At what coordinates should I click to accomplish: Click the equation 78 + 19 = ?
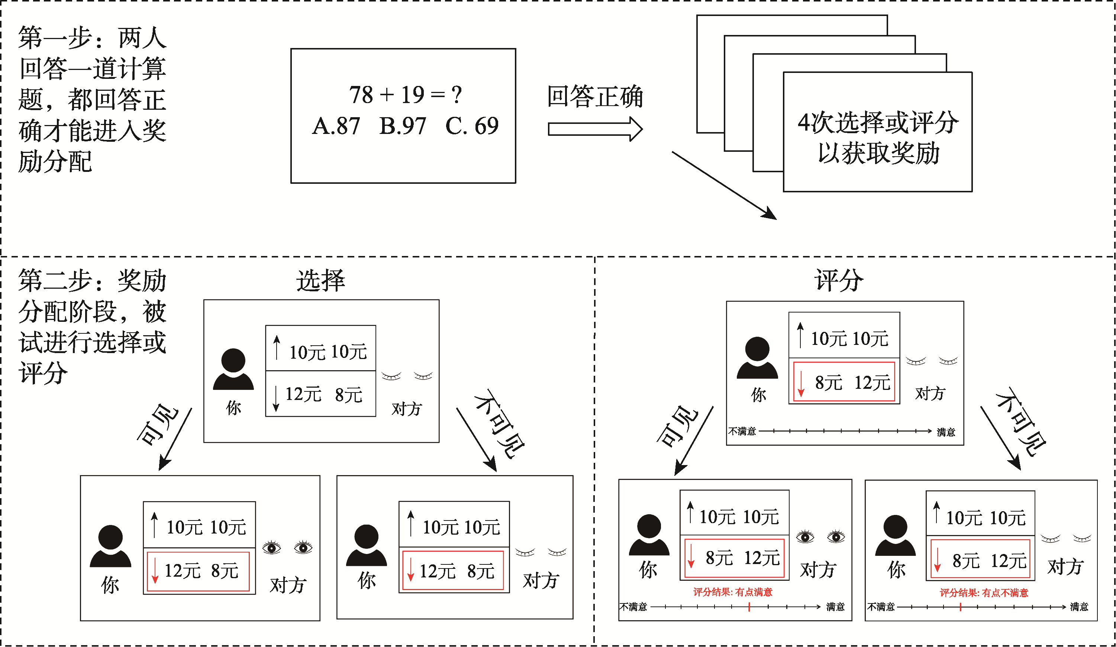click(x=405, y=95)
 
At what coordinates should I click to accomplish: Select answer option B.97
click(x=403, y=126)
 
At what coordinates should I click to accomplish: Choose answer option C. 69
click(x=472, y=126)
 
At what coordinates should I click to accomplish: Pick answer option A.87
click(x=336, y=126)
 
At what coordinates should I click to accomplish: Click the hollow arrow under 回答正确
click(x=595, y=129)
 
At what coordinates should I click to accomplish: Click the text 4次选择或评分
click(x=878, y=123)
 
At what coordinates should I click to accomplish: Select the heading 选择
click(x=320, y=281)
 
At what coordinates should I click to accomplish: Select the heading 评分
click(x=839, y=281)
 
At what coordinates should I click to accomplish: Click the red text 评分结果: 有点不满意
click(x=984, y=593)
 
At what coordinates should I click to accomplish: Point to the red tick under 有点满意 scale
click(x=749, y=607)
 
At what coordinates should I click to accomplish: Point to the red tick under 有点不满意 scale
click(x=960, y=607)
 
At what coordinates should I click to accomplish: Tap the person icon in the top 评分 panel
click(x=757, y=358)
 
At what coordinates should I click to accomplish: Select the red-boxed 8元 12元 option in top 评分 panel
click(x=844, y=382)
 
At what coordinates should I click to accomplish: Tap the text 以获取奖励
click(x=878, y=153)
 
